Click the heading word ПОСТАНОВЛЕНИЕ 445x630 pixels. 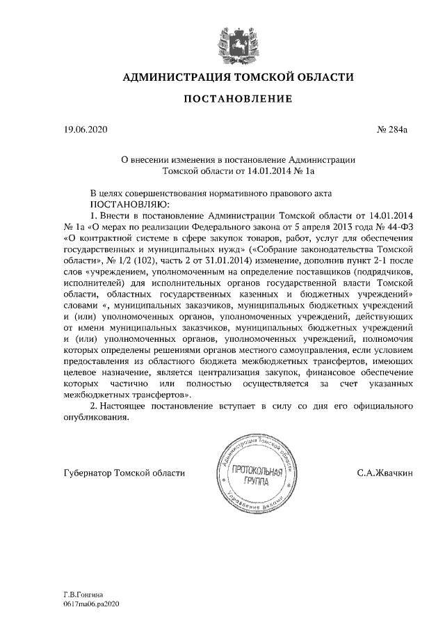(238, 100)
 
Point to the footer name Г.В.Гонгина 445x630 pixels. (83, 596)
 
